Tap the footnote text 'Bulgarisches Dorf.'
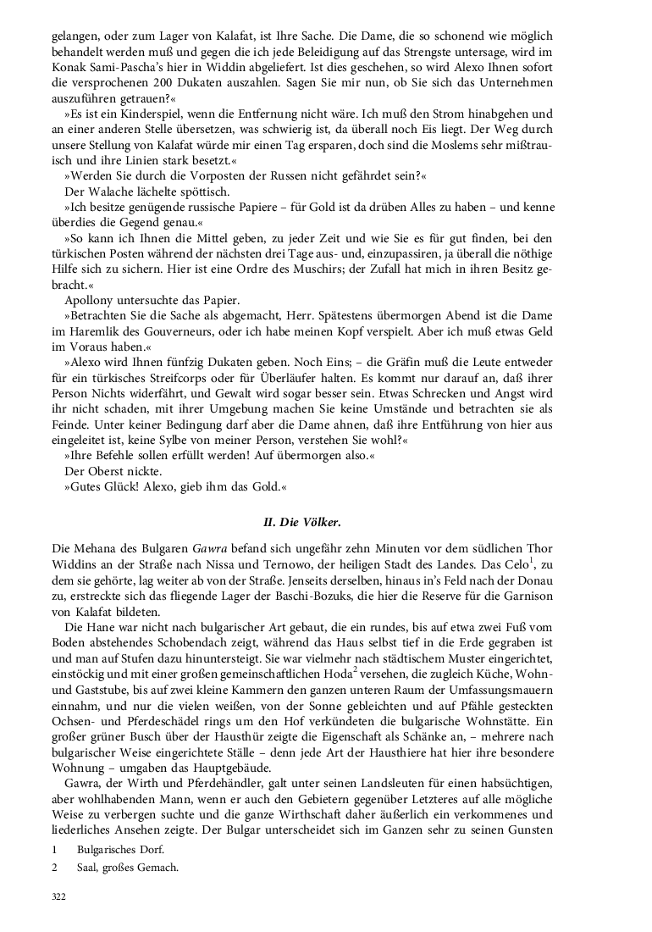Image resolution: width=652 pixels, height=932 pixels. (x=120, y=848)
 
